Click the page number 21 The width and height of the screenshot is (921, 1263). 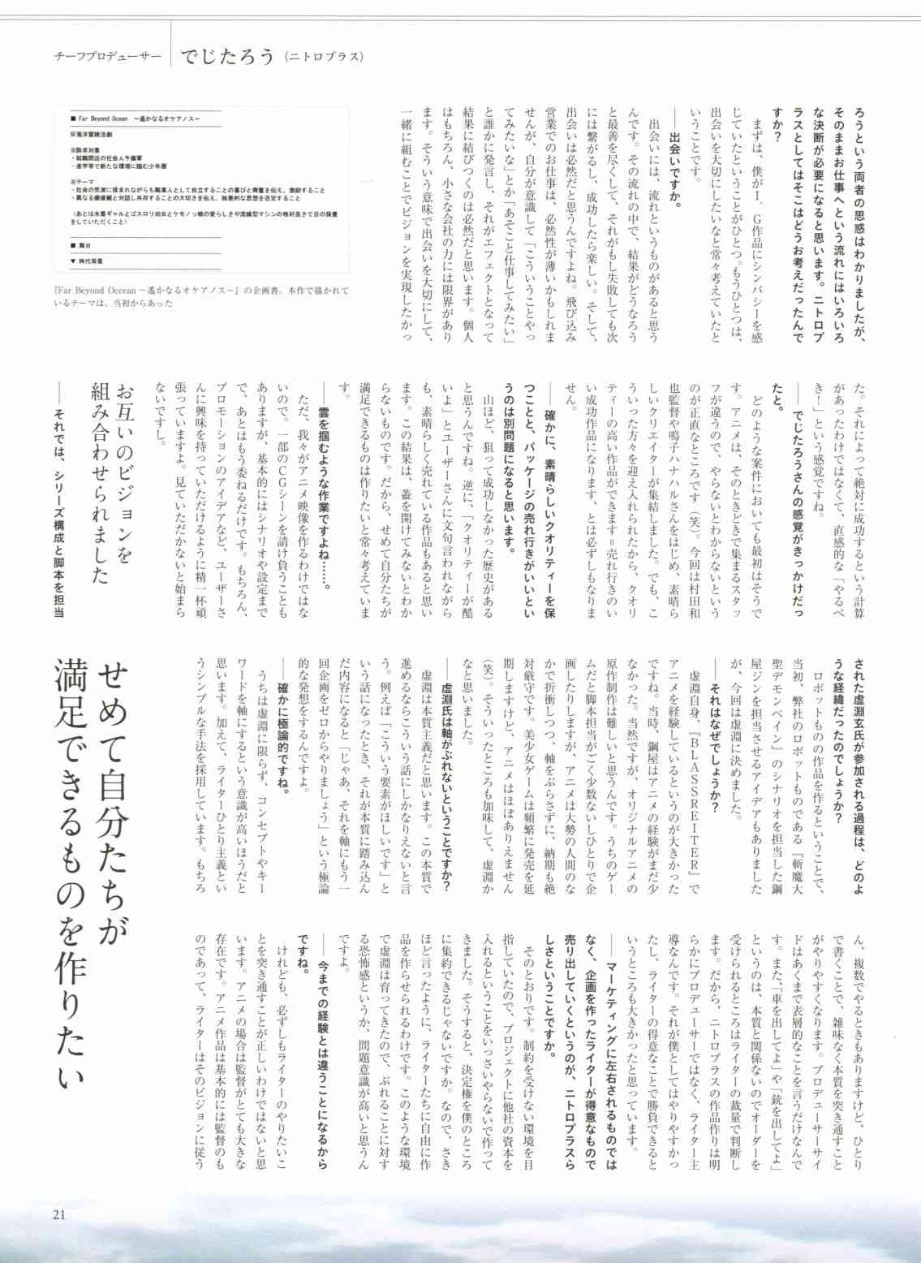click(58, 1214)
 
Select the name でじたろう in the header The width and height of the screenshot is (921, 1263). click(227, 56)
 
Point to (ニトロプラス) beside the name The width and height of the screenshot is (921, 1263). click(324, 57)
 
